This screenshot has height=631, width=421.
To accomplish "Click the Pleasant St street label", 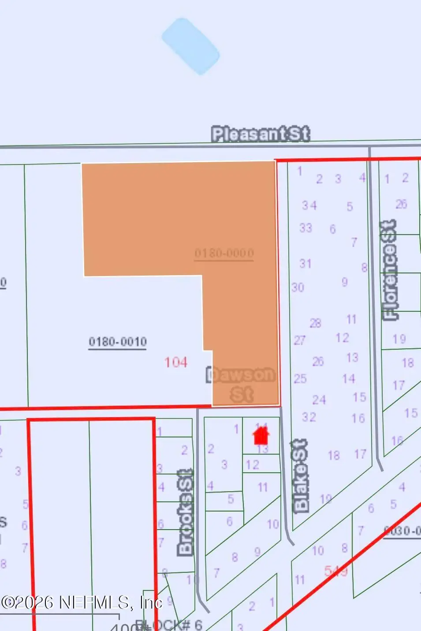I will (260, 134).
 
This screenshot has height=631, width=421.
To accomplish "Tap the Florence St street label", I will (389, 270).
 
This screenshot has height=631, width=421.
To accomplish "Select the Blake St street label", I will (301, 475).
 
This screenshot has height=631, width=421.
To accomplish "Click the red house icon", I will (261, 436).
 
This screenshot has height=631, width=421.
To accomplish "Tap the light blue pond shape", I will (190, 46).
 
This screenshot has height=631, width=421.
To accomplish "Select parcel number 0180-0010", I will (117, 342).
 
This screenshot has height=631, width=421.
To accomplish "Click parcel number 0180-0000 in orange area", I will (224, 253).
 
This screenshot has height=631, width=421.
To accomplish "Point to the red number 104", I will (176, 362).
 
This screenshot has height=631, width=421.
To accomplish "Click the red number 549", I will (336, 571).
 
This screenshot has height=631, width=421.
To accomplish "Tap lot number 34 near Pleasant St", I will (309, 205).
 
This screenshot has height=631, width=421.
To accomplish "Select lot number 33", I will (306, 228).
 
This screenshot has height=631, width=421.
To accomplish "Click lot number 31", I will (305, 264).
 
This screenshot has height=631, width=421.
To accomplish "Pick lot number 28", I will (315, 323).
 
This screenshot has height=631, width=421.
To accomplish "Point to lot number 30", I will (298, 287).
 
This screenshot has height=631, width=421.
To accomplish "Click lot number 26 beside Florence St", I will (401, 204).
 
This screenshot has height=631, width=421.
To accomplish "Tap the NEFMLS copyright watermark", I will (82, 602).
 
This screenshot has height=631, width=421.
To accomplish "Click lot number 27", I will (299, 340).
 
